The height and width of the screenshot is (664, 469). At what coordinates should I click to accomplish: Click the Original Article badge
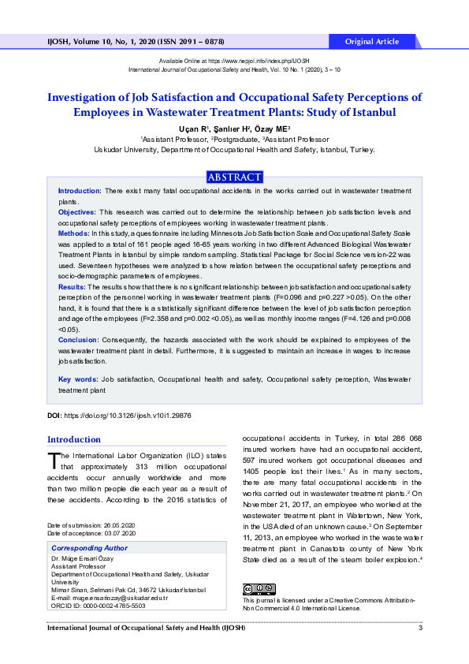(372, 41)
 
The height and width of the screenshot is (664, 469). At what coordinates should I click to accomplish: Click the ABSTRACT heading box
(234, 177)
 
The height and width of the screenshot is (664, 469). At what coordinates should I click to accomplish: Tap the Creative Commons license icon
(259, 589)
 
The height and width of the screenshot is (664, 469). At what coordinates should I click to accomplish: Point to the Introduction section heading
(74, 439)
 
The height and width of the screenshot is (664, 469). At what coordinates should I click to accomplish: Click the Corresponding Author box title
(89, 547)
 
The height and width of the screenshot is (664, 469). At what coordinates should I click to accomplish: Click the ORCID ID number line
(98, 606)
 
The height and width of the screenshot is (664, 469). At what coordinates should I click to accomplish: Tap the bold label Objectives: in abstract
(77, 212)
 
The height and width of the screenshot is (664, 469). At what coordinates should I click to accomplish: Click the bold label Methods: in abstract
(73, 234)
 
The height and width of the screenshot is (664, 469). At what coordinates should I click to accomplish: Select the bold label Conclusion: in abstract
(78, 339)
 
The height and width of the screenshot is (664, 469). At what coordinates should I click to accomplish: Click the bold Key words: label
(78, 379)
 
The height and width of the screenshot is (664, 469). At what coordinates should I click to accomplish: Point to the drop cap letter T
(54, 460)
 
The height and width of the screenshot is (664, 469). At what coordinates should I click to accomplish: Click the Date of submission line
(91, 525)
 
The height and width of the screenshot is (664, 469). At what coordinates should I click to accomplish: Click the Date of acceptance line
(91, 533)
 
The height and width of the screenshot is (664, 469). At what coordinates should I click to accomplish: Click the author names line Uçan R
(234, 129)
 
